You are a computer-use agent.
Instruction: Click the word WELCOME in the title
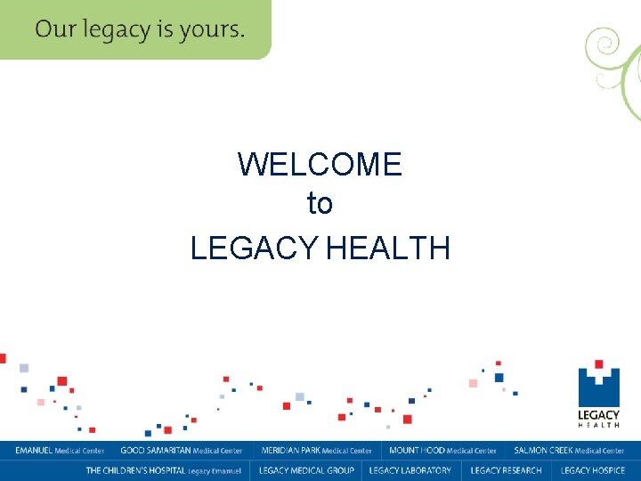click(320, 164)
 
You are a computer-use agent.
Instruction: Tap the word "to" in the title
click(320, 204)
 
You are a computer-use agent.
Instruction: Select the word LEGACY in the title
click(256, 248)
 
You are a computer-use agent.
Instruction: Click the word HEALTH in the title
click(388, 248)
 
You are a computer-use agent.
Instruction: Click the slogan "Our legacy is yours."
click(140, 29)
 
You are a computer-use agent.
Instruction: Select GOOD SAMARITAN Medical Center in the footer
click(182, 451)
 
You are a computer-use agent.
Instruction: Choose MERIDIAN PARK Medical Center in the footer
click(317, 451)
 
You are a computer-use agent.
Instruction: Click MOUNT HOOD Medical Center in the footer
click(442, 451)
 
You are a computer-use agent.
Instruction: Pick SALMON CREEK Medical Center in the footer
click(569, 451)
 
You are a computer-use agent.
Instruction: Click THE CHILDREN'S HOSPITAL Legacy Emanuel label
click(163, 470)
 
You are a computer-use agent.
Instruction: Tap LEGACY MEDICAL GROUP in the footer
click(306, 470)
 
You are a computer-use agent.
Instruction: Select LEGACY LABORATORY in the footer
click(410, 470)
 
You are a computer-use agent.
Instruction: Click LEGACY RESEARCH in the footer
click(506, 470)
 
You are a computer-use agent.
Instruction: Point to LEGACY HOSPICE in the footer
click(593, 470)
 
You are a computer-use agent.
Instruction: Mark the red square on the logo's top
click(599, 364)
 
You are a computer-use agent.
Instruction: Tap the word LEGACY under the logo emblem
click(598, 414)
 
